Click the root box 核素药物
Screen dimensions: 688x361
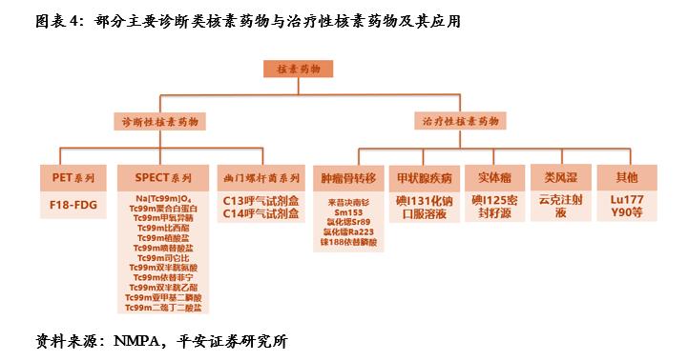[x=300, y=70]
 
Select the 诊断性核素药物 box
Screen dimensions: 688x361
[x=157, y=123]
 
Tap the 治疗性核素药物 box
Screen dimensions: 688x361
[x=461, y=123]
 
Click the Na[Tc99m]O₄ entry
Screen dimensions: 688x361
[x=163, y=198]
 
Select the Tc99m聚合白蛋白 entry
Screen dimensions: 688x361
[x=163, y=209]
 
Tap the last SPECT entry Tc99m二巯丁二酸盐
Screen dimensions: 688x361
[x=163, y=308]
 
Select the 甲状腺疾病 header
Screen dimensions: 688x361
[x=427, y=178]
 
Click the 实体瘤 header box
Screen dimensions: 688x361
[x=495, y=178]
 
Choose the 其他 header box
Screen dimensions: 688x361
[x=626, y=178]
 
